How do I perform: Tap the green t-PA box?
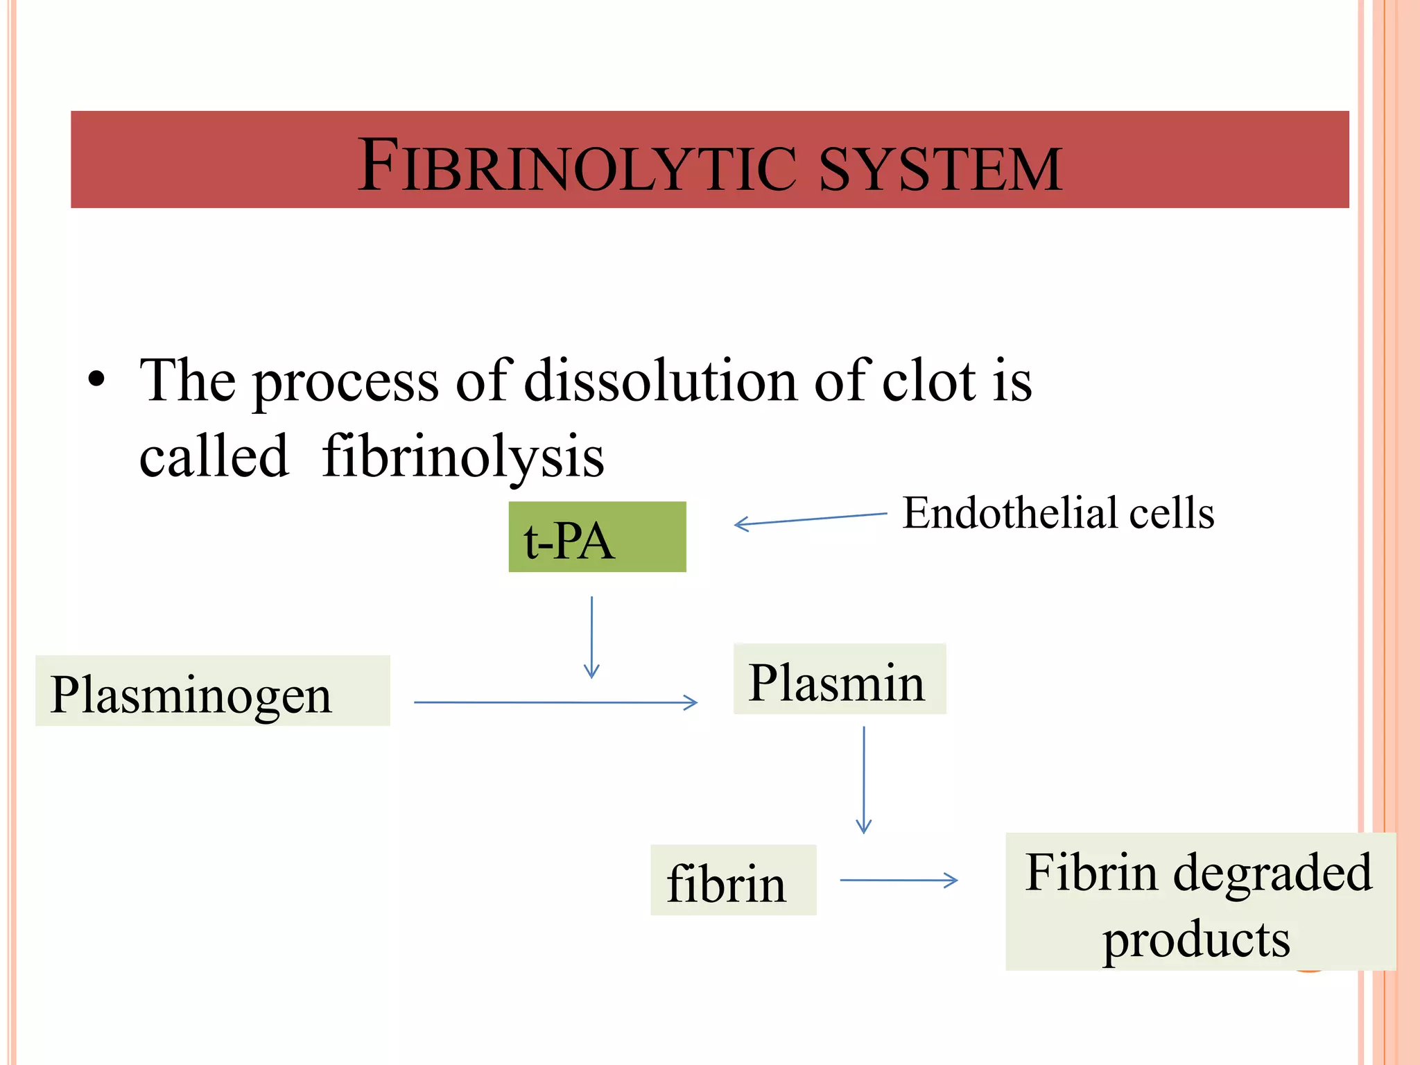pyautogui.click(x=597, y=537)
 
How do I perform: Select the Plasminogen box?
pyautogui.click(x=212, y=691)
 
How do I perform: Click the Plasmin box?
pyautogui.click(x=839, y=679)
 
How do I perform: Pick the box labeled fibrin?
pyautogui.click(x=733, y=881)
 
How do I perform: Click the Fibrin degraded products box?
pyautogui.click(x=1200, y=901)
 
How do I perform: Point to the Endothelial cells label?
pyautogui.click(x=1058, y=514)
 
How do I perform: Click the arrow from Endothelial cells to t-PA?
pyautogui.click(x=810, y=519)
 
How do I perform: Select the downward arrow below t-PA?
pyautogui.click(x=591, y=637)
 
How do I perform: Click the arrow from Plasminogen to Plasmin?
pyautogui.click(x=555, y=702)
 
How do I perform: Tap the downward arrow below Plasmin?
pyautogui.click(x=864, y=779)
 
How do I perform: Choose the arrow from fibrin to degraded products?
pyautogui.click(x=898, y=881)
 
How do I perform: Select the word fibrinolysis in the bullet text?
pyautogui.click(x=463, y=457)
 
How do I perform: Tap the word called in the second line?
pyautogui.click(x=214, y=457)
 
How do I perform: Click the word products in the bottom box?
pyautogui.click(x=1197, y=940)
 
